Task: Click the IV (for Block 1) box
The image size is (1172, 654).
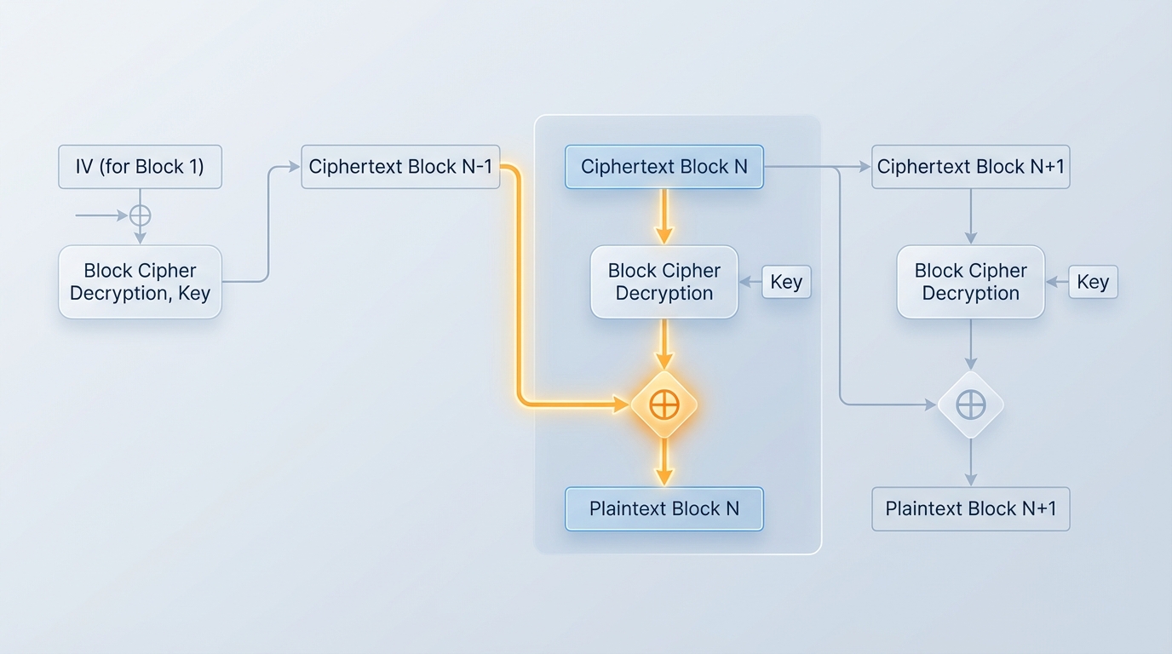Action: pos(140,167)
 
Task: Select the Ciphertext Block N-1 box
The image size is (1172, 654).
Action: pos(400,167)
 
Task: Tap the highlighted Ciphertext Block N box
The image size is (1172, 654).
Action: pos(664,167)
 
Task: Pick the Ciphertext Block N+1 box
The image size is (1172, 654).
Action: pos(970,167)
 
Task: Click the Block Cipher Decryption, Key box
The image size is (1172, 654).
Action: pos(140,282)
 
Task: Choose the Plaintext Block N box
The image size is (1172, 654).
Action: pos(664,509)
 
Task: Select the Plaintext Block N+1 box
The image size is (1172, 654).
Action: pos(970,509)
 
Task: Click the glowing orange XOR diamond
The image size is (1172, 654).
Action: pos(664,404)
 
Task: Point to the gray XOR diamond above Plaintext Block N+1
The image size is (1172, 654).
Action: pos(970,404)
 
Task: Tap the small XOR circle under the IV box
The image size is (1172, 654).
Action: pos(140,215)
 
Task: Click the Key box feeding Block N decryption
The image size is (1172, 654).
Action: pos(785,282)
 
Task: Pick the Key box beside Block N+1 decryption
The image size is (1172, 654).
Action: pos(1092,282)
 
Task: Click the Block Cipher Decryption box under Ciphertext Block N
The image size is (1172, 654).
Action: pos(664,282)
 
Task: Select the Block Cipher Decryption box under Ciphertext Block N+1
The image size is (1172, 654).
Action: pos(970,282)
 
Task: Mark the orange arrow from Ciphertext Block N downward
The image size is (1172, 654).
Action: pos(664,216)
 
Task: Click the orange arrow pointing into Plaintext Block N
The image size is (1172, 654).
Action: pos(664,464)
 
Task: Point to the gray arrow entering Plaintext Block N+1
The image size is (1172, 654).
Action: pos(970,466)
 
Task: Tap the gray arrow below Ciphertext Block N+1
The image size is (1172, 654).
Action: pos(970,218)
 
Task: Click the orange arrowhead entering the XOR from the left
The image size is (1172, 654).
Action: pos(621,404)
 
